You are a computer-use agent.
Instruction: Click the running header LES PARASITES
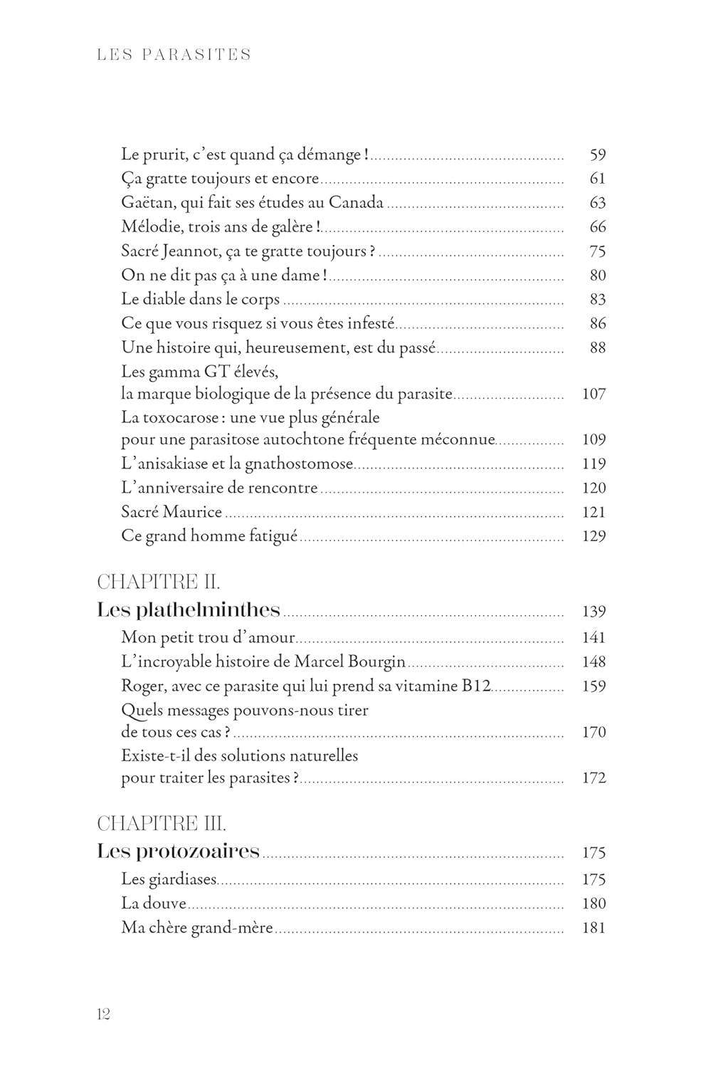click(174, 55)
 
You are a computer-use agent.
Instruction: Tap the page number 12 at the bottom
click(103, 1014)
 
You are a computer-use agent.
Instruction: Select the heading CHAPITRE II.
click(158, 582)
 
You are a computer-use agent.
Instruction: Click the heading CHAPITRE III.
click(162, 824)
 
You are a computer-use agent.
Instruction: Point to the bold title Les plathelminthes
click(189, 610)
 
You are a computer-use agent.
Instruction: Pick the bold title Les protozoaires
click(179, 852)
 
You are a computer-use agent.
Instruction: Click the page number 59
click(597, 155)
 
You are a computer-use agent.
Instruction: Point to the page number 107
click(594, 394)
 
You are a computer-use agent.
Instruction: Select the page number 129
click(594, 536)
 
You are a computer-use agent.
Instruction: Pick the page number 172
click(594, 778)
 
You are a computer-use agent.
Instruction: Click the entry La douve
click(154, 904)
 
